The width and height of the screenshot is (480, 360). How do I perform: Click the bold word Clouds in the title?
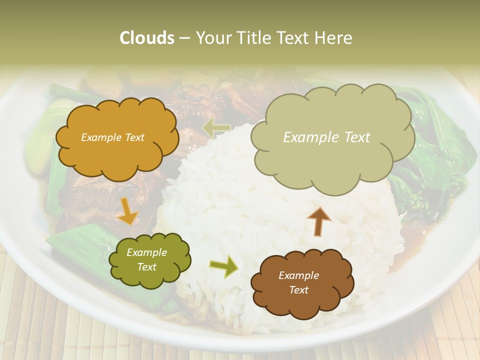click(x=146, y=38)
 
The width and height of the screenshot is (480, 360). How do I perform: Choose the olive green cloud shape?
click(x=149, y=260)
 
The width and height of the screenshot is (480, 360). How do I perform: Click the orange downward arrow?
click(x=127, y=211)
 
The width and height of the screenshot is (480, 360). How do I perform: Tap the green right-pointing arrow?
click(x=223, y=266)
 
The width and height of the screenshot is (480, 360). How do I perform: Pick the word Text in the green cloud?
click(x=147, y=267)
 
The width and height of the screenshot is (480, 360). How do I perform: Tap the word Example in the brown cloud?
click(x=298, y=275)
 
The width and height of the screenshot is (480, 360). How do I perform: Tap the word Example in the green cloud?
click(x=147, y=253)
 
